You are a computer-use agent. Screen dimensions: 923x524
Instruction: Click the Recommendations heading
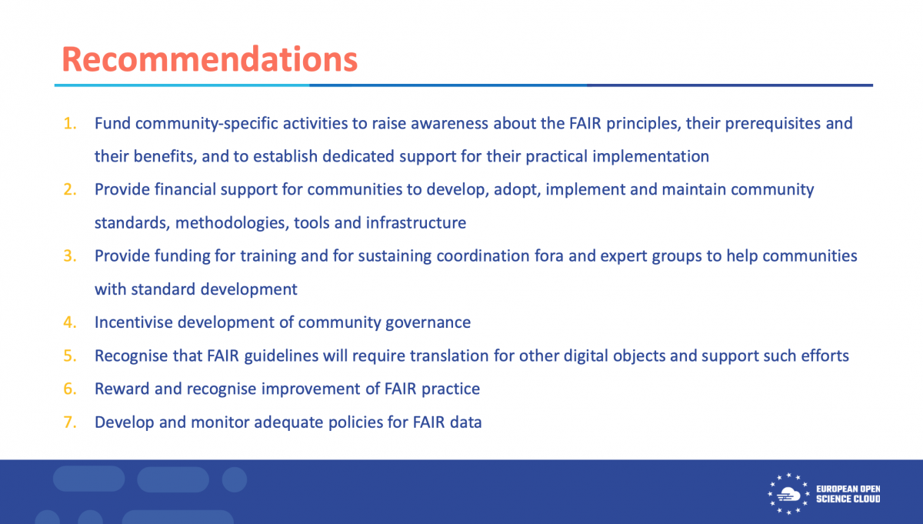click(209, 59)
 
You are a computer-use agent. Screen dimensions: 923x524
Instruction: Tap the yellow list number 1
click(70, 123)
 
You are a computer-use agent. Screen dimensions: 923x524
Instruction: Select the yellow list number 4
click(70, 322)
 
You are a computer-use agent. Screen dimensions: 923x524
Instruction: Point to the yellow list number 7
click(70, 422)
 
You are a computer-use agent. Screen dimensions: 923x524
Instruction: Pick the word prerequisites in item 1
click(772, 124)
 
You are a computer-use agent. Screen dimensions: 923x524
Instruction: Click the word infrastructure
click(416, 223)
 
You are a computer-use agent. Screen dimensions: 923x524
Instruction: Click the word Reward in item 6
click(122, 389)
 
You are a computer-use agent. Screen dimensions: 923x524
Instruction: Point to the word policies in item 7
click(355, 422)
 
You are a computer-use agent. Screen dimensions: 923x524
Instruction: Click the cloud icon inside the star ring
click(788, 494)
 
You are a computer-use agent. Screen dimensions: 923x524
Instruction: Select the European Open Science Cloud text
click(848, 494)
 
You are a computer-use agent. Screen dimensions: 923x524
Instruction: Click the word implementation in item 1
click(651, 157)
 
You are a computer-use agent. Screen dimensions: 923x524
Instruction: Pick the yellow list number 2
click(70, 189)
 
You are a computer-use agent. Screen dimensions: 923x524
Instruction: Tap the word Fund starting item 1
click(112, 124)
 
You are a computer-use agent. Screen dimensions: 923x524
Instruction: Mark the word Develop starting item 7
click(125, 422)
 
